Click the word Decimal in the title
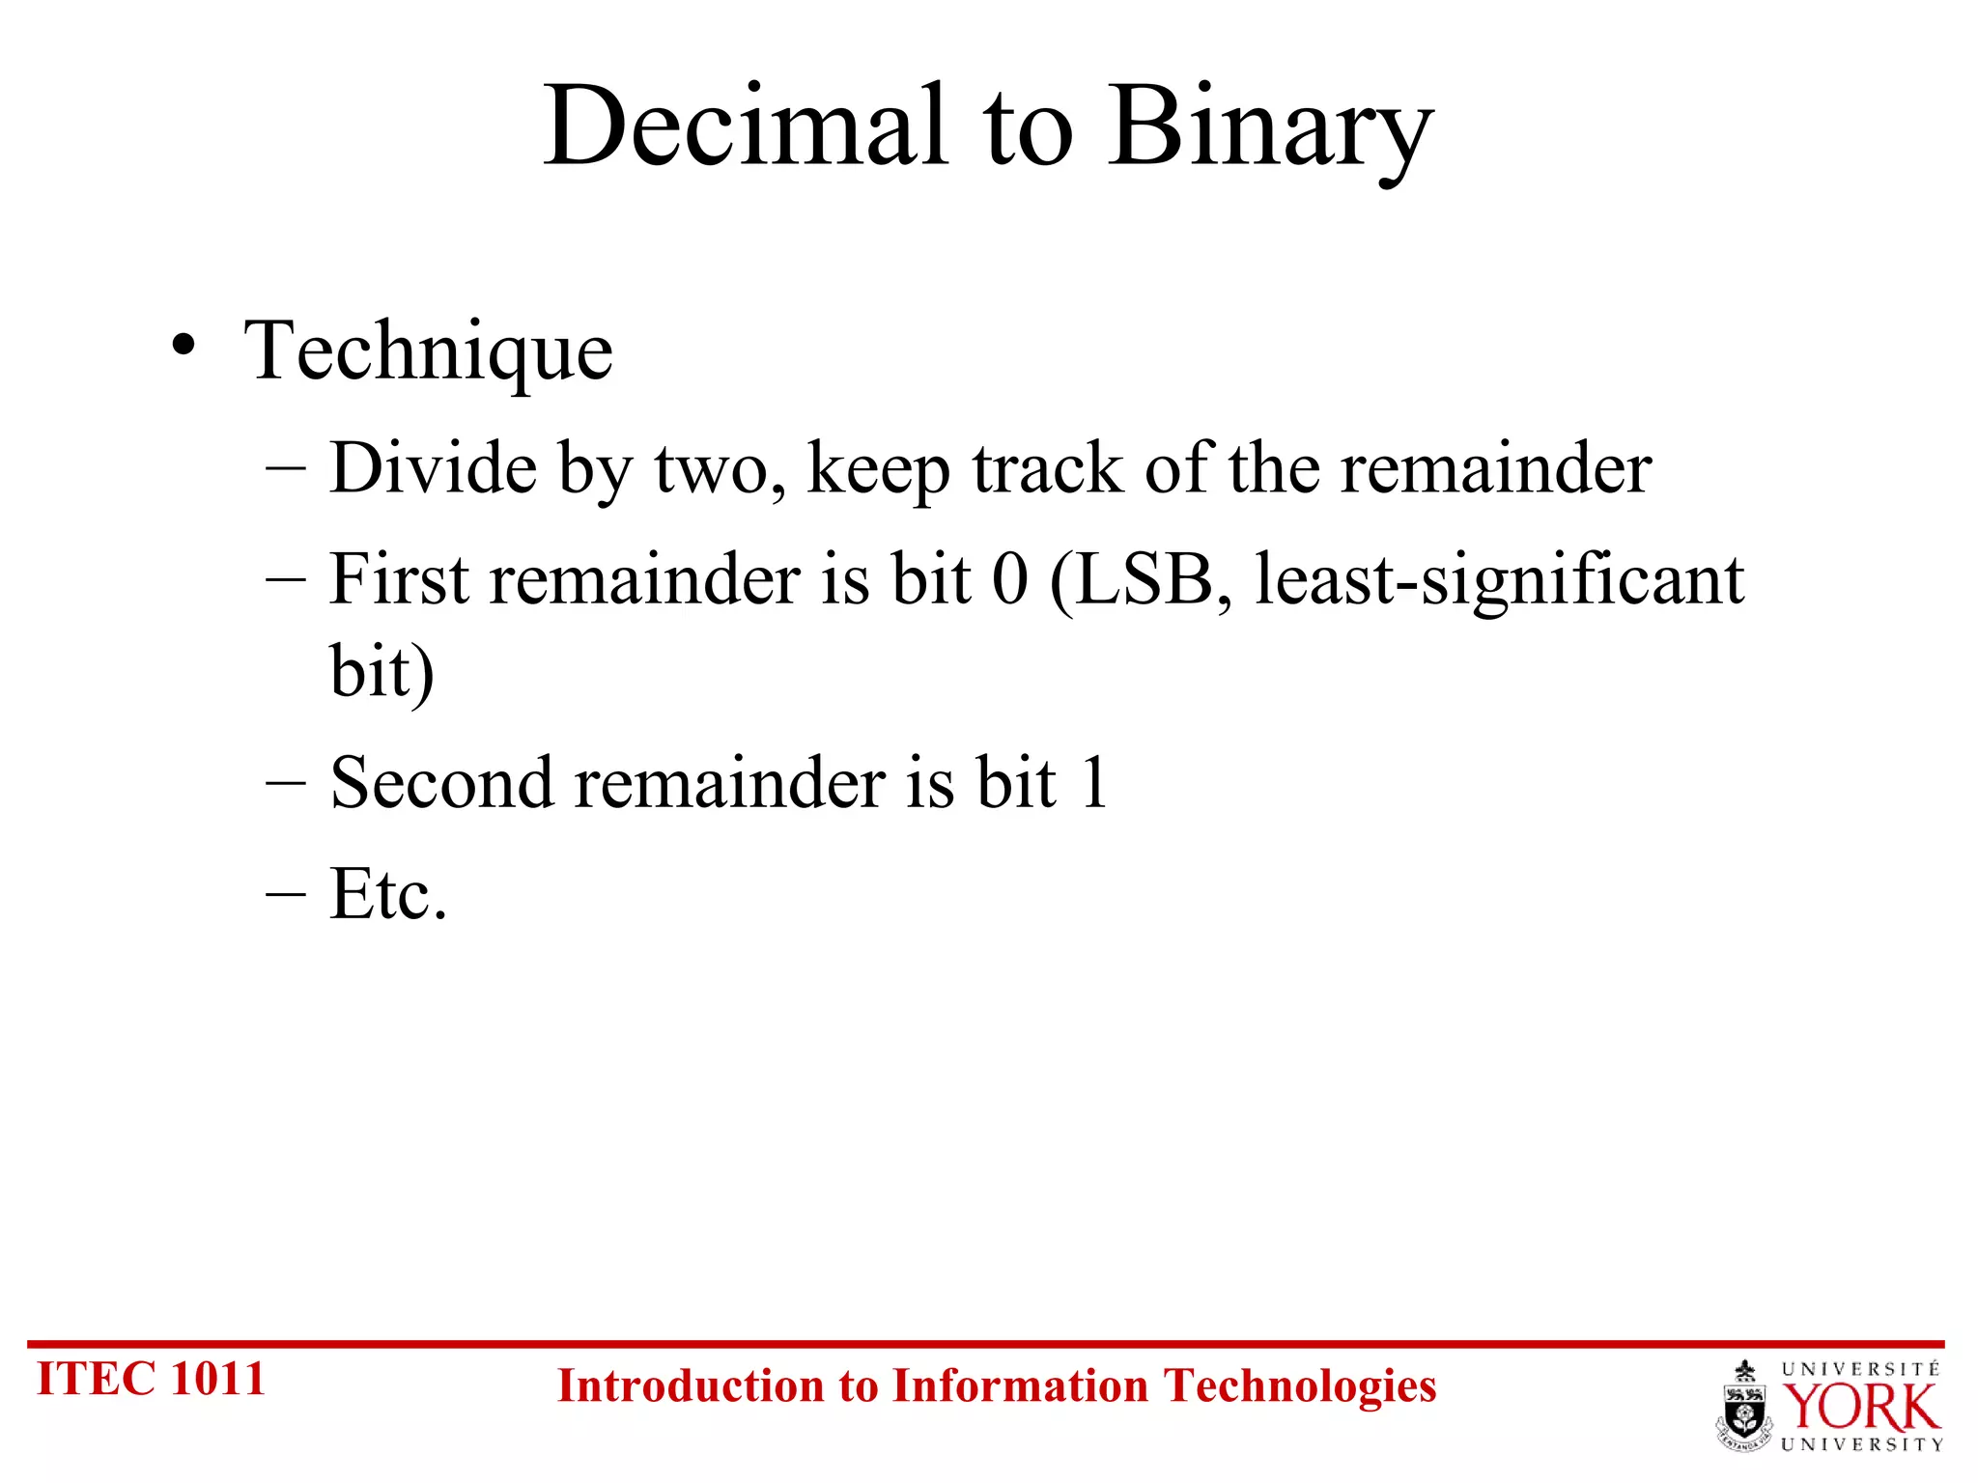pyautogui.click(x=744, y=127)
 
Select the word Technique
pyautogui.click(x=428, y=351)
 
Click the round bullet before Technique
pyautogui.click(x=184, y=345)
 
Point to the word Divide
pyautogui.click(x=433, y=468)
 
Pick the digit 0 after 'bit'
pyautogui.click(x=1010, y=579)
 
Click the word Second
pyautogui.click(x=443, y=782)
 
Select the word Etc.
pyautogui.click(x=388, y=894)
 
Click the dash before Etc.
pyautogui.click(x=286, y=894)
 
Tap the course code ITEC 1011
pyautogui.click(x=151, y=1379)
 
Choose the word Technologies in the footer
pyautogui.click(x=1300, y=1386)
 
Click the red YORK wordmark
pyautogui.click(x=1860, y=1408)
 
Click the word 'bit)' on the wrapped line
pyautogui.click(x=381, y=671)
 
